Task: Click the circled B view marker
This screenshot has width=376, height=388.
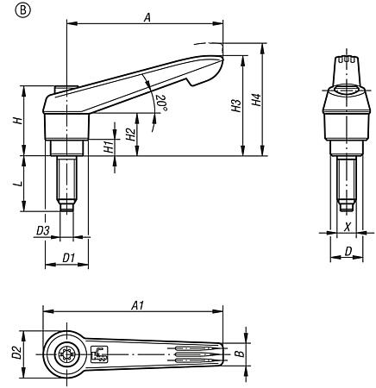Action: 10,11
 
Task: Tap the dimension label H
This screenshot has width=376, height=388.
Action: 17,120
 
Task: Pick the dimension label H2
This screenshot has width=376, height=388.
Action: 128,135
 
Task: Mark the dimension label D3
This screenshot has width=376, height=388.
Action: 42,230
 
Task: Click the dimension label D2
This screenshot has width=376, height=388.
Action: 15,351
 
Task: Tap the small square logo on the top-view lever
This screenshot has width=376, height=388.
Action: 97,352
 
